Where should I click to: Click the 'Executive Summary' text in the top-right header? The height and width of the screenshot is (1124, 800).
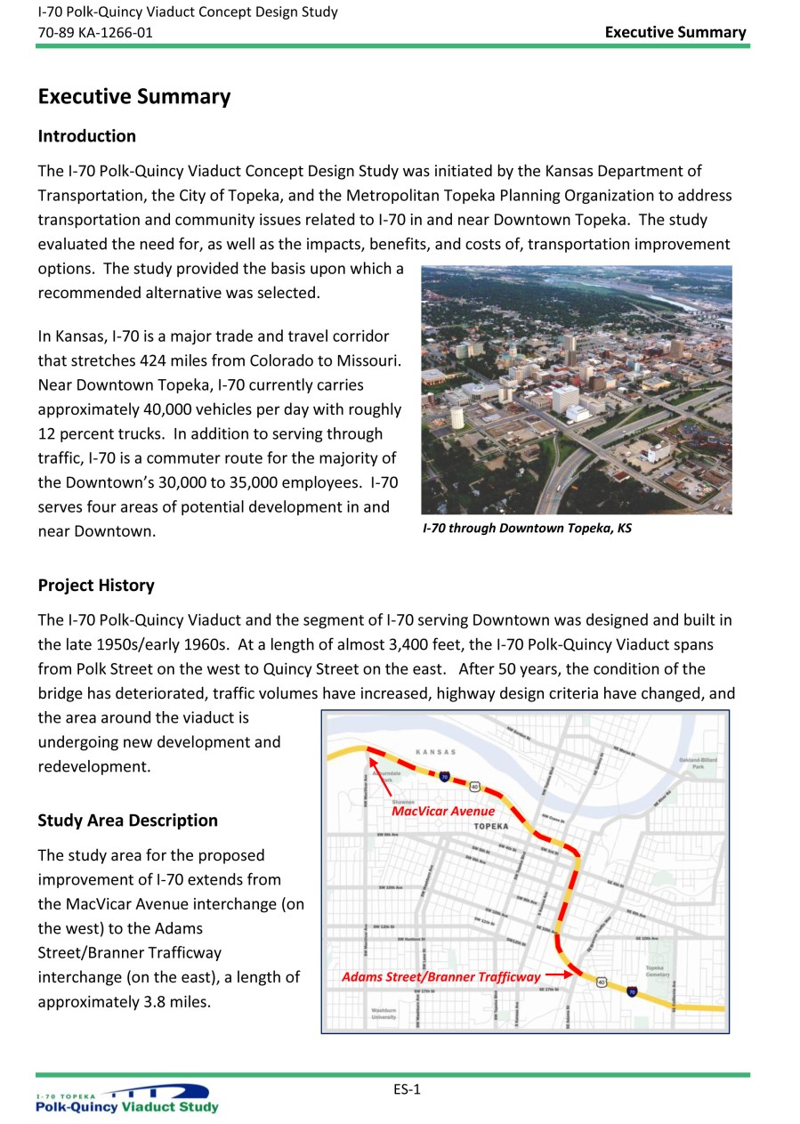(x=675, y=32)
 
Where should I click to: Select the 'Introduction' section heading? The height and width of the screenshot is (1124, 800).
(x=86, y=136)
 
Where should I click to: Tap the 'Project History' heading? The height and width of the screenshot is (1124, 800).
(x=95, y=586)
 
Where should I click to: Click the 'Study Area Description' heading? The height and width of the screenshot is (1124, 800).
(x=127, y=821)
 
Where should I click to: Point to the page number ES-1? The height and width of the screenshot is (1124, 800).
(x=407, y=1090)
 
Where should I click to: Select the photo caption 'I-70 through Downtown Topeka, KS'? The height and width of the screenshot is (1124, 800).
(x=527, y=529)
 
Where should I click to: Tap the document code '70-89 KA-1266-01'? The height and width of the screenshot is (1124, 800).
(x=94, y=32)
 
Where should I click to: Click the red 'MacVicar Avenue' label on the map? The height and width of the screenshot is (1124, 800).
(x=443, y=811)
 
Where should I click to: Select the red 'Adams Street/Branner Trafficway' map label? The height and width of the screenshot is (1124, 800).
(x=440, y=977)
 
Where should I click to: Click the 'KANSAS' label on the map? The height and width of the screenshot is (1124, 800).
(x=435, y=752)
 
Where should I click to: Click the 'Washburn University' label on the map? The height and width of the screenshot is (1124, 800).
(x=384, y=1014)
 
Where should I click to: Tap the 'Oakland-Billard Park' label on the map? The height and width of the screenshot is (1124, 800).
(x=698, y=763)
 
